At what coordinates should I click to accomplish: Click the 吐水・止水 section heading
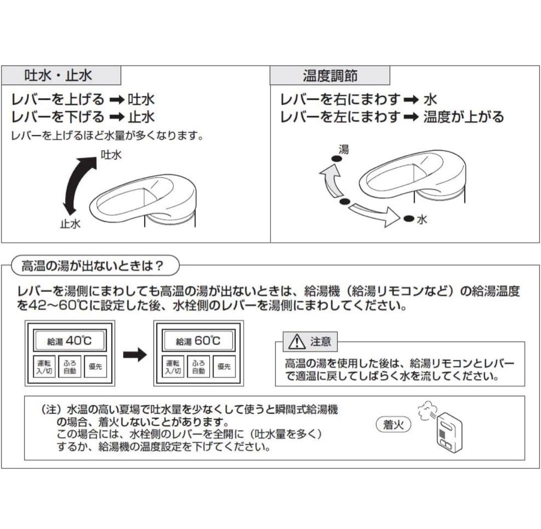click(x=58, y=76)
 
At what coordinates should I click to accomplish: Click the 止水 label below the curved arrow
click(x=70, y=224)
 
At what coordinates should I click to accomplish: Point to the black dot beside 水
click(x=408, y=218)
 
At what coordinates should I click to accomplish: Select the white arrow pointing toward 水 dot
click(x=374, y=212)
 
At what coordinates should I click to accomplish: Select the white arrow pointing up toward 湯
click(x=330, y=183)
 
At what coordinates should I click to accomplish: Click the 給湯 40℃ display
click(x=70, y=342)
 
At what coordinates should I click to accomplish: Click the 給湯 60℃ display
click(x=198, y=342)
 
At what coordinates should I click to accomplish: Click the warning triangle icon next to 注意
click(x=297, y=342)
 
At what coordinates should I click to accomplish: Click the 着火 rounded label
click(x=393, y=425)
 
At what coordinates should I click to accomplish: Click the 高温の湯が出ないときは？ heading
click(x=92, y=266)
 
